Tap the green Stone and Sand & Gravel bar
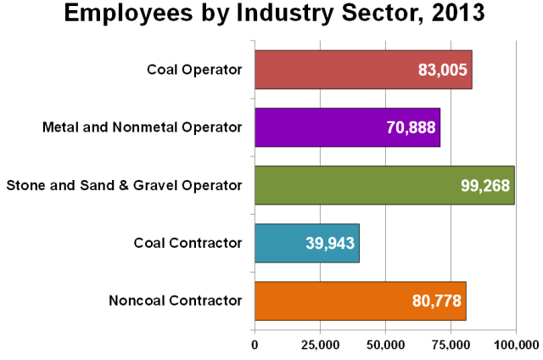356,185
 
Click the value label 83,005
442,70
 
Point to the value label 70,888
411,127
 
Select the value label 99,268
484,185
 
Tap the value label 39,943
330,243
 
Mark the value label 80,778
437,301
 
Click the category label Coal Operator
194,70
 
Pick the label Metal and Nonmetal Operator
142,127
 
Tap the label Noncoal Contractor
176,301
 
